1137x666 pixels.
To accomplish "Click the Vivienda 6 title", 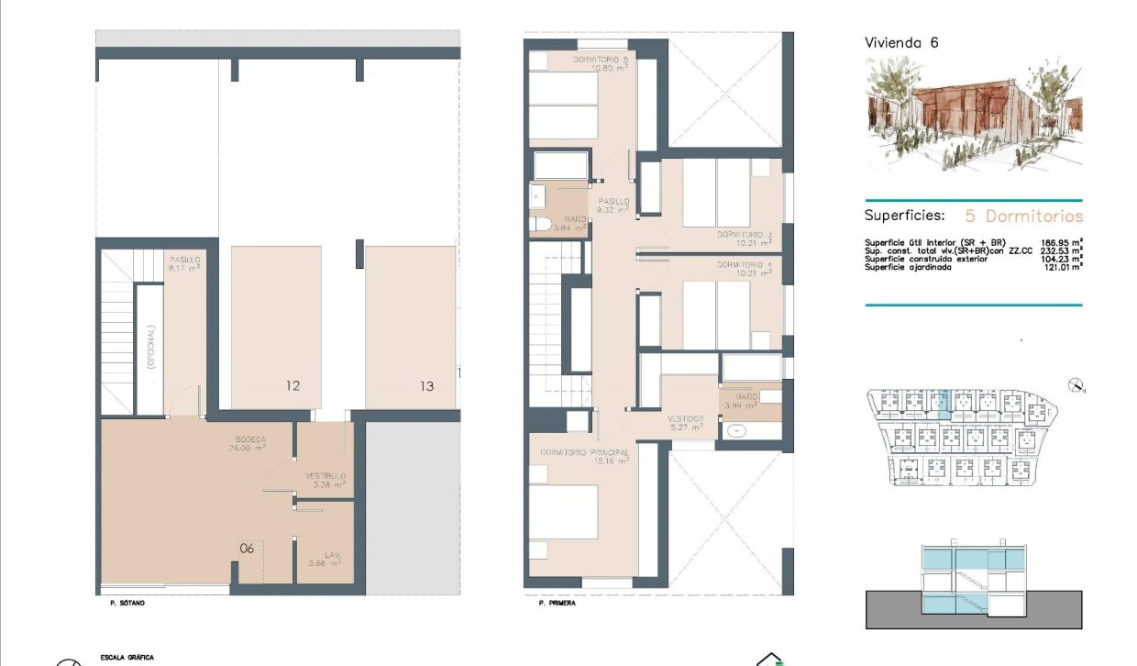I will pos(901,42).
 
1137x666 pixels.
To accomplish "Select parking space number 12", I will pos(293,386).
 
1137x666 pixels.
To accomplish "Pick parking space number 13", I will pos(426,386).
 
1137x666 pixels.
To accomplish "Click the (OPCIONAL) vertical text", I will pos(151,347).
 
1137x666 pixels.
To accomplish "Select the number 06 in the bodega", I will pos(247,549).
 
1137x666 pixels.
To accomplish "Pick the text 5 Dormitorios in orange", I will pos(1023,216).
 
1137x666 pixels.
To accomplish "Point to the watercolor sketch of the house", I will pos(974,113).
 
